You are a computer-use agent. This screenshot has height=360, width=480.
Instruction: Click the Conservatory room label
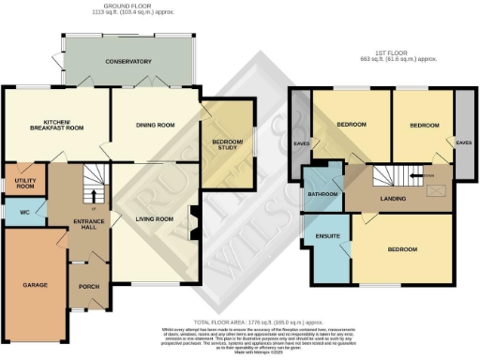tap(128, 62)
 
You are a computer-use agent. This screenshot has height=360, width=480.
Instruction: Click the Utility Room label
tap(20, 182)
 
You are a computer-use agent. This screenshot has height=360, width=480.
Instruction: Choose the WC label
tap(24, 212)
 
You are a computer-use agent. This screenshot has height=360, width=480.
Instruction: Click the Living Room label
tap(155, 219)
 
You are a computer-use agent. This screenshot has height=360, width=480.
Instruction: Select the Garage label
tap(35, 282)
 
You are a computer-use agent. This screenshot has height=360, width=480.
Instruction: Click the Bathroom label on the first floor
tap(324, 195)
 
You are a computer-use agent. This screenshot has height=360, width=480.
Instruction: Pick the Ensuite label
tap(326, 236)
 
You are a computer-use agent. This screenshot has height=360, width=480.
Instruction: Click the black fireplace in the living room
tap(195, 221)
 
